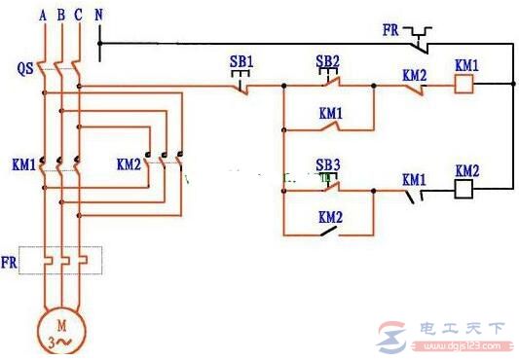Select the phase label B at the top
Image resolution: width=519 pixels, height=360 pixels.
pyautogui.click(x=61, y=16)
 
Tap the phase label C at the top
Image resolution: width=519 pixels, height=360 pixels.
pyautogui.click(x=78, y=16)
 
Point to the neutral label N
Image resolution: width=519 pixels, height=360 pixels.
pyautogui.click(x=99, y=16)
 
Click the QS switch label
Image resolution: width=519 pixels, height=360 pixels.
pyautogui.click(x=25, y=70)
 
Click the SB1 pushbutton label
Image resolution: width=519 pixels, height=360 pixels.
pyautogui.click(x=241, y=61)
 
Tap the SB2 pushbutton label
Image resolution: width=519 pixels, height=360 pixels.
pyautogui.click(x=328, y=60)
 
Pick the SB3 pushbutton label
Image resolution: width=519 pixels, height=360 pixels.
pyautogui.click(x=328, y=165)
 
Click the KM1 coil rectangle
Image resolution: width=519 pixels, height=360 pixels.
pyautogui.click(x=465, y=86)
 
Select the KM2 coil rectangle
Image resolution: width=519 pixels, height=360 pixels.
pyautogui.click(x=465, y=191)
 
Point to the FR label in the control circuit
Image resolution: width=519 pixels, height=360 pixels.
pyautogui.click(x=391, y=30)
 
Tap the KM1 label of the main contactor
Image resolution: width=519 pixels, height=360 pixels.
pyautogui.click(x=24, y=166)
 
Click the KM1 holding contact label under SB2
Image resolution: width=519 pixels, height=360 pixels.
pyautogui.click(x=331, y=113)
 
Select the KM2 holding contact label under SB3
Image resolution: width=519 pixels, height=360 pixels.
pyautogui.click(x=331, y=217)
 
